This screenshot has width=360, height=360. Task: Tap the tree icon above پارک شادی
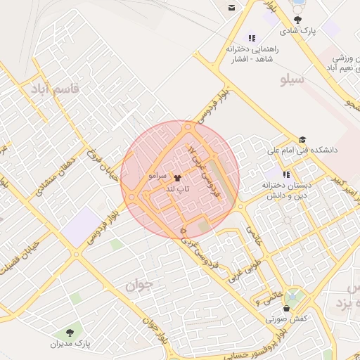299,20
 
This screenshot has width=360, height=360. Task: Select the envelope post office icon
231,7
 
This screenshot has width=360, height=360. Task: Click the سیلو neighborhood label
292,79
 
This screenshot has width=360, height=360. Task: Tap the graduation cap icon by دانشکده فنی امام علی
302,139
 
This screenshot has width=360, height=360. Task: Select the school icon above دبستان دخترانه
285,174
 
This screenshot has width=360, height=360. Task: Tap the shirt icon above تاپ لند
176,179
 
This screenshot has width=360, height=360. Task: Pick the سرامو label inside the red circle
156,174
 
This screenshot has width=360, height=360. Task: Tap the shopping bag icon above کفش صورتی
285,307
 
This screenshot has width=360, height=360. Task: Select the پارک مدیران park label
70,344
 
